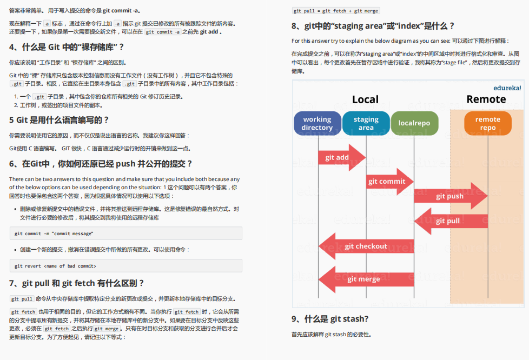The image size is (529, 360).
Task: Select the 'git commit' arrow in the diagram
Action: tap(388, 181)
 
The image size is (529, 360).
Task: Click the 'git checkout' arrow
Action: tap(366, 246)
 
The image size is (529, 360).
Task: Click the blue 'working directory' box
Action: tap(318, 123)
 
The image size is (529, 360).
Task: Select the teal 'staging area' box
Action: tap(366, 123)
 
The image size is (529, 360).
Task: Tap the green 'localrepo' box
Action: tap(414, 123)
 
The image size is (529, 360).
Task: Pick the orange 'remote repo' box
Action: tap(487, 123)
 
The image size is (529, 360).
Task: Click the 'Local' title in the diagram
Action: tap(365, 99)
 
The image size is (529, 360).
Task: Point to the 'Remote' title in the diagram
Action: tap(486, 99)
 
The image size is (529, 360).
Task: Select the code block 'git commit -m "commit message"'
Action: tap(125, 233)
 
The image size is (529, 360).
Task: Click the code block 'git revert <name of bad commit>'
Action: tap(125, 265)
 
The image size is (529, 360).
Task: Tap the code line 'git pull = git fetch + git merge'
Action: tap(336, 11)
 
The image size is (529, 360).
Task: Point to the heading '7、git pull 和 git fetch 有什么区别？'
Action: tap(77, 283)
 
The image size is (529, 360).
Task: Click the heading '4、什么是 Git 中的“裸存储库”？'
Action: tap(67, 47)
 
